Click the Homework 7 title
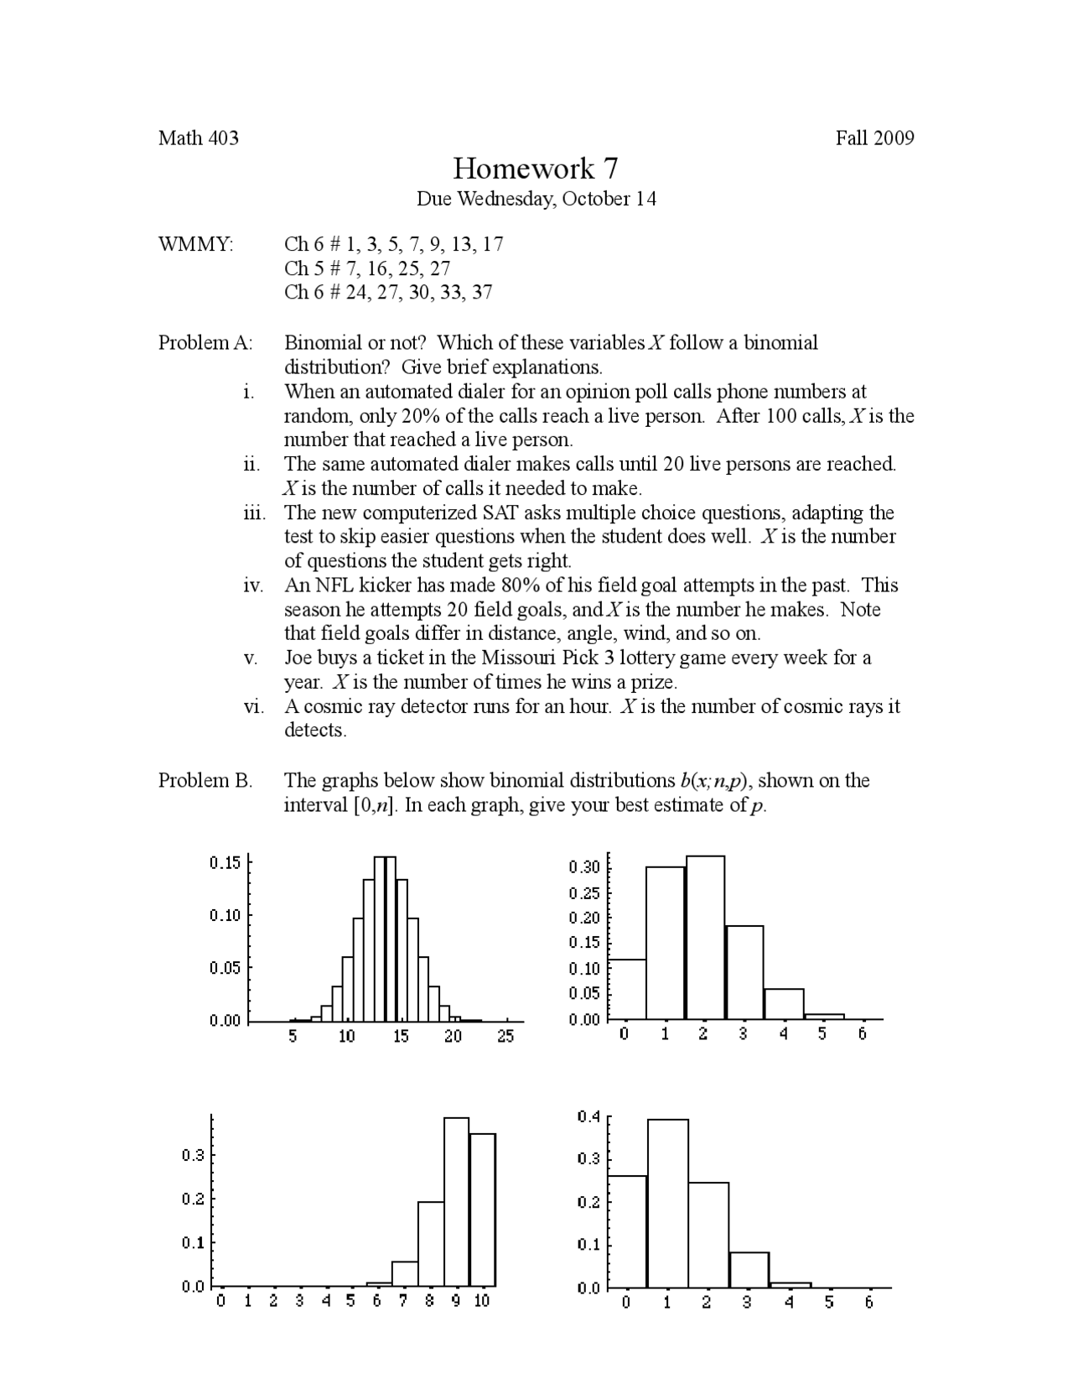pos(536,169)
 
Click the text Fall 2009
pos(874,138)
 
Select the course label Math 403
pos(199,138)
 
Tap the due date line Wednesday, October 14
pos(536,199)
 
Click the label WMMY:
pos(196,244)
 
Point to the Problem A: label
pos(205,342)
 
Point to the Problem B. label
pos(205,780)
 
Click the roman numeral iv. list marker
pos(253,585)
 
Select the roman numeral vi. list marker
pos(253,706)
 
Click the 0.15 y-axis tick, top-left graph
pos(225,863)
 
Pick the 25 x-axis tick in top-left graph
pos(505,1037)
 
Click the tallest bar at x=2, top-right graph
pos(705,938)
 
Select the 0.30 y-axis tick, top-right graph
pos(583,867)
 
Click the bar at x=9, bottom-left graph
pos(456,1202)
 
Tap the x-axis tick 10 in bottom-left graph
pos(482,1301)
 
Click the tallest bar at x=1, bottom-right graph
pos(667,1203)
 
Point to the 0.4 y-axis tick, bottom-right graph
pos(588,1117)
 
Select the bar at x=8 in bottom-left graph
pos(430,1244)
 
